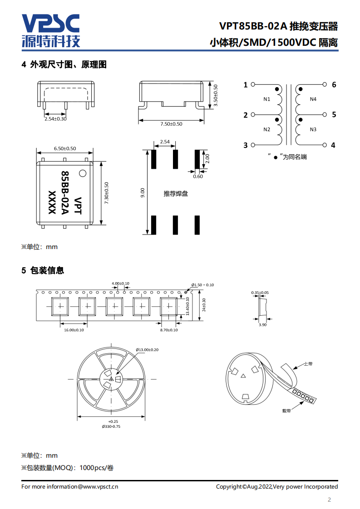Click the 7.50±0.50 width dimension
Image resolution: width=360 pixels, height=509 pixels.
pos(171,124)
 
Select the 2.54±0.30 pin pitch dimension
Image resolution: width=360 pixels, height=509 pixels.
pos(55,119)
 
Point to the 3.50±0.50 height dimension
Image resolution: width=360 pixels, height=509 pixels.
pos(216,95)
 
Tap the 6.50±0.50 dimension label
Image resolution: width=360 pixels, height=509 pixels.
pos(64,148)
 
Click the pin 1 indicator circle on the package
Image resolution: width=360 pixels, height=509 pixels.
pos(83,173)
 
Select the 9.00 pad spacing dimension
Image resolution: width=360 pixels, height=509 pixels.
pos(143,193)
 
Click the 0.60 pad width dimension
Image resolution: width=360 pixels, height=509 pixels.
pos(198,176)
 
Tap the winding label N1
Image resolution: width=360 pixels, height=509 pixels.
pos(266,99)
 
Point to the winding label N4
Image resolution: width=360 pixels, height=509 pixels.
pos(313,99)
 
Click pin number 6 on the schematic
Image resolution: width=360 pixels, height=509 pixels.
pos(334,84)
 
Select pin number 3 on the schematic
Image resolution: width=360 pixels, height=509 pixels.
pos(246,145)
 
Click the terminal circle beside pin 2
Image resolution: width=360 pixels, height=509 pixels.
pos(253,115)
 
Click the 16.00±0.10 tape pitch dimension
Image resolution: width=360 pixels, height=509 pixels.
pos(74,330)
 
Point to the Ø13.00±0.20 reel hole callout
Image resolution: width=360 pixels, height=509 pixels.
pos(147,350)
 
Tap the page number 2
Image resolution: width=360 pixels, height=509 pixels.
pos(330,500)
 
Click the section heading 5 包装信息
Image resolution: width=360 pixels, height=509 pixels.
pos(43,270)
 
